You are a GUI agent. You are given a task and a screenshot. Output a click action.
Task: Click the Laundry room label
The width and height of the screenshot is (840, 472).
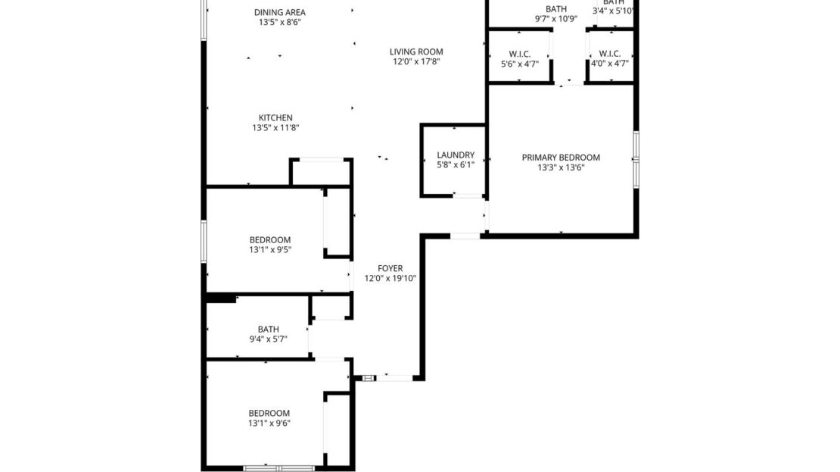click(456, 155)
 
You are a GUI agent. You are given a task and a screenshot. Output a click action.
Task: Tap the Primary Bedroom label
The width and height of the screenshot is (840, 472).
click(561, 158)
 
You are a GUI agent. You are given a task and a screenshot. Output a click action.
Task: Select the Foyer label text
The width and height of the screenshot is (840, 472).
click(390, 268)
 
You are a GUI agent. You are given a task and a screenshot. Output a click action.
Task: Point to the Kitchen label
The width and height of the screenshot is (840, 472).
click(275, 117)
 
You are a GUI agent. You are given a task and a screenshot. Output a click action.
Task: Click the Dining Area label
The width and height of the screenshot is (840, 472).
click(280, 12)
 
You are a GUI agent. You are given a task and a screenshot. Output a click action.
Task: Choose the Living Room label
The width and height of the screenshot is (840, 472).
click(416, 52)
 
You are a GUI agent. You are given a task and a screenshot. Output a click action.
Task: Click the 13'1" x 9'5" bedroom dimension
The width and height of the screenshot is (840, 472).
click(269, 249)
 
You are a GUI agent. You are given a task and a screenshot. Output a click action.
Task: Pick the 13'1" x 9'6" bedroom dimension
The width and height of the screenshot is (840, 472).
click(269, 423)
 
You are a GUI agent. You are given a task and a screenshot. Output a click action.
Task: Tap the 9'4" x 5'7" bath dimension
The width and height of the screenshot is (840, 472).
click(268, 339)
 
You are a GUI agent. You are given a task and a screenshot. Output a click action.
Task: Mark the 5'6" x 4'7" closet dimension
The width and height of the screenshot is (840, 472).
click(520, 64)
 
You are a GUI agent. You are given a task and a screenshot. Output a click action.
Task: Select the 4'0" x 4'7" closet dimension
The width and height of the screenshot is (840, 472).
click(609, 64)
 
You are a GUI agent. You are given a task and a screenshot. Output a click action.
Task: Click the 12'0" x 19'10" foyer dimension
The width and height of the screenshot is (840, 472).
click(390, 278)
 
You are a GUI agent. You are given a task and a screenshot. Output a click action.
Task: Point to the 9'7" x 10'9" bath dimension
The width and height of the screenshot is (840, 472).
click(556, 18)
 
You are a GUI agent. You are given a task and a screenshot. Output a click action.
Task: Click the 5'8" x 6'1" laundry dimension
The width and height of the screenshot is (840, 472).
click(456, 164)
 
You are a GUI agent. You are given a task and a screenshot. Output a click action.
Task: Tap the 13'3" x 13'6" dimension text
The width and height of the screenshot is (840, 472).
click(561, 167)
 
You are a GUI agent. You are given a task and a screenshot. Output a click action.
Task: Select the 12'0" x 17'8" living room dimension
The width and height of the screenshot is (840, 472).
click(416, 61)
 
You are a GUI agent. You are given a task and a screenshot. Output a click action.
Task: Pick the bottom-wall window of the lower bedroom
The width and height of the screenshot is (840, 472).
click(278, 468)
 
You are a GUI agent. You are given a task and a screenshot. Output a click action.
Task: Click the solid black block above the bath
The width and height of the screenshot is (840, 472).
click(220, 299)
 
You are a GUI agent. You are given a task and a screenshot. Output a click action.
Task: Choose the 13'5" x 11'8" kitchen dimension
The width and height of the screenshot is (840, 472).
click(275, 128)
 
